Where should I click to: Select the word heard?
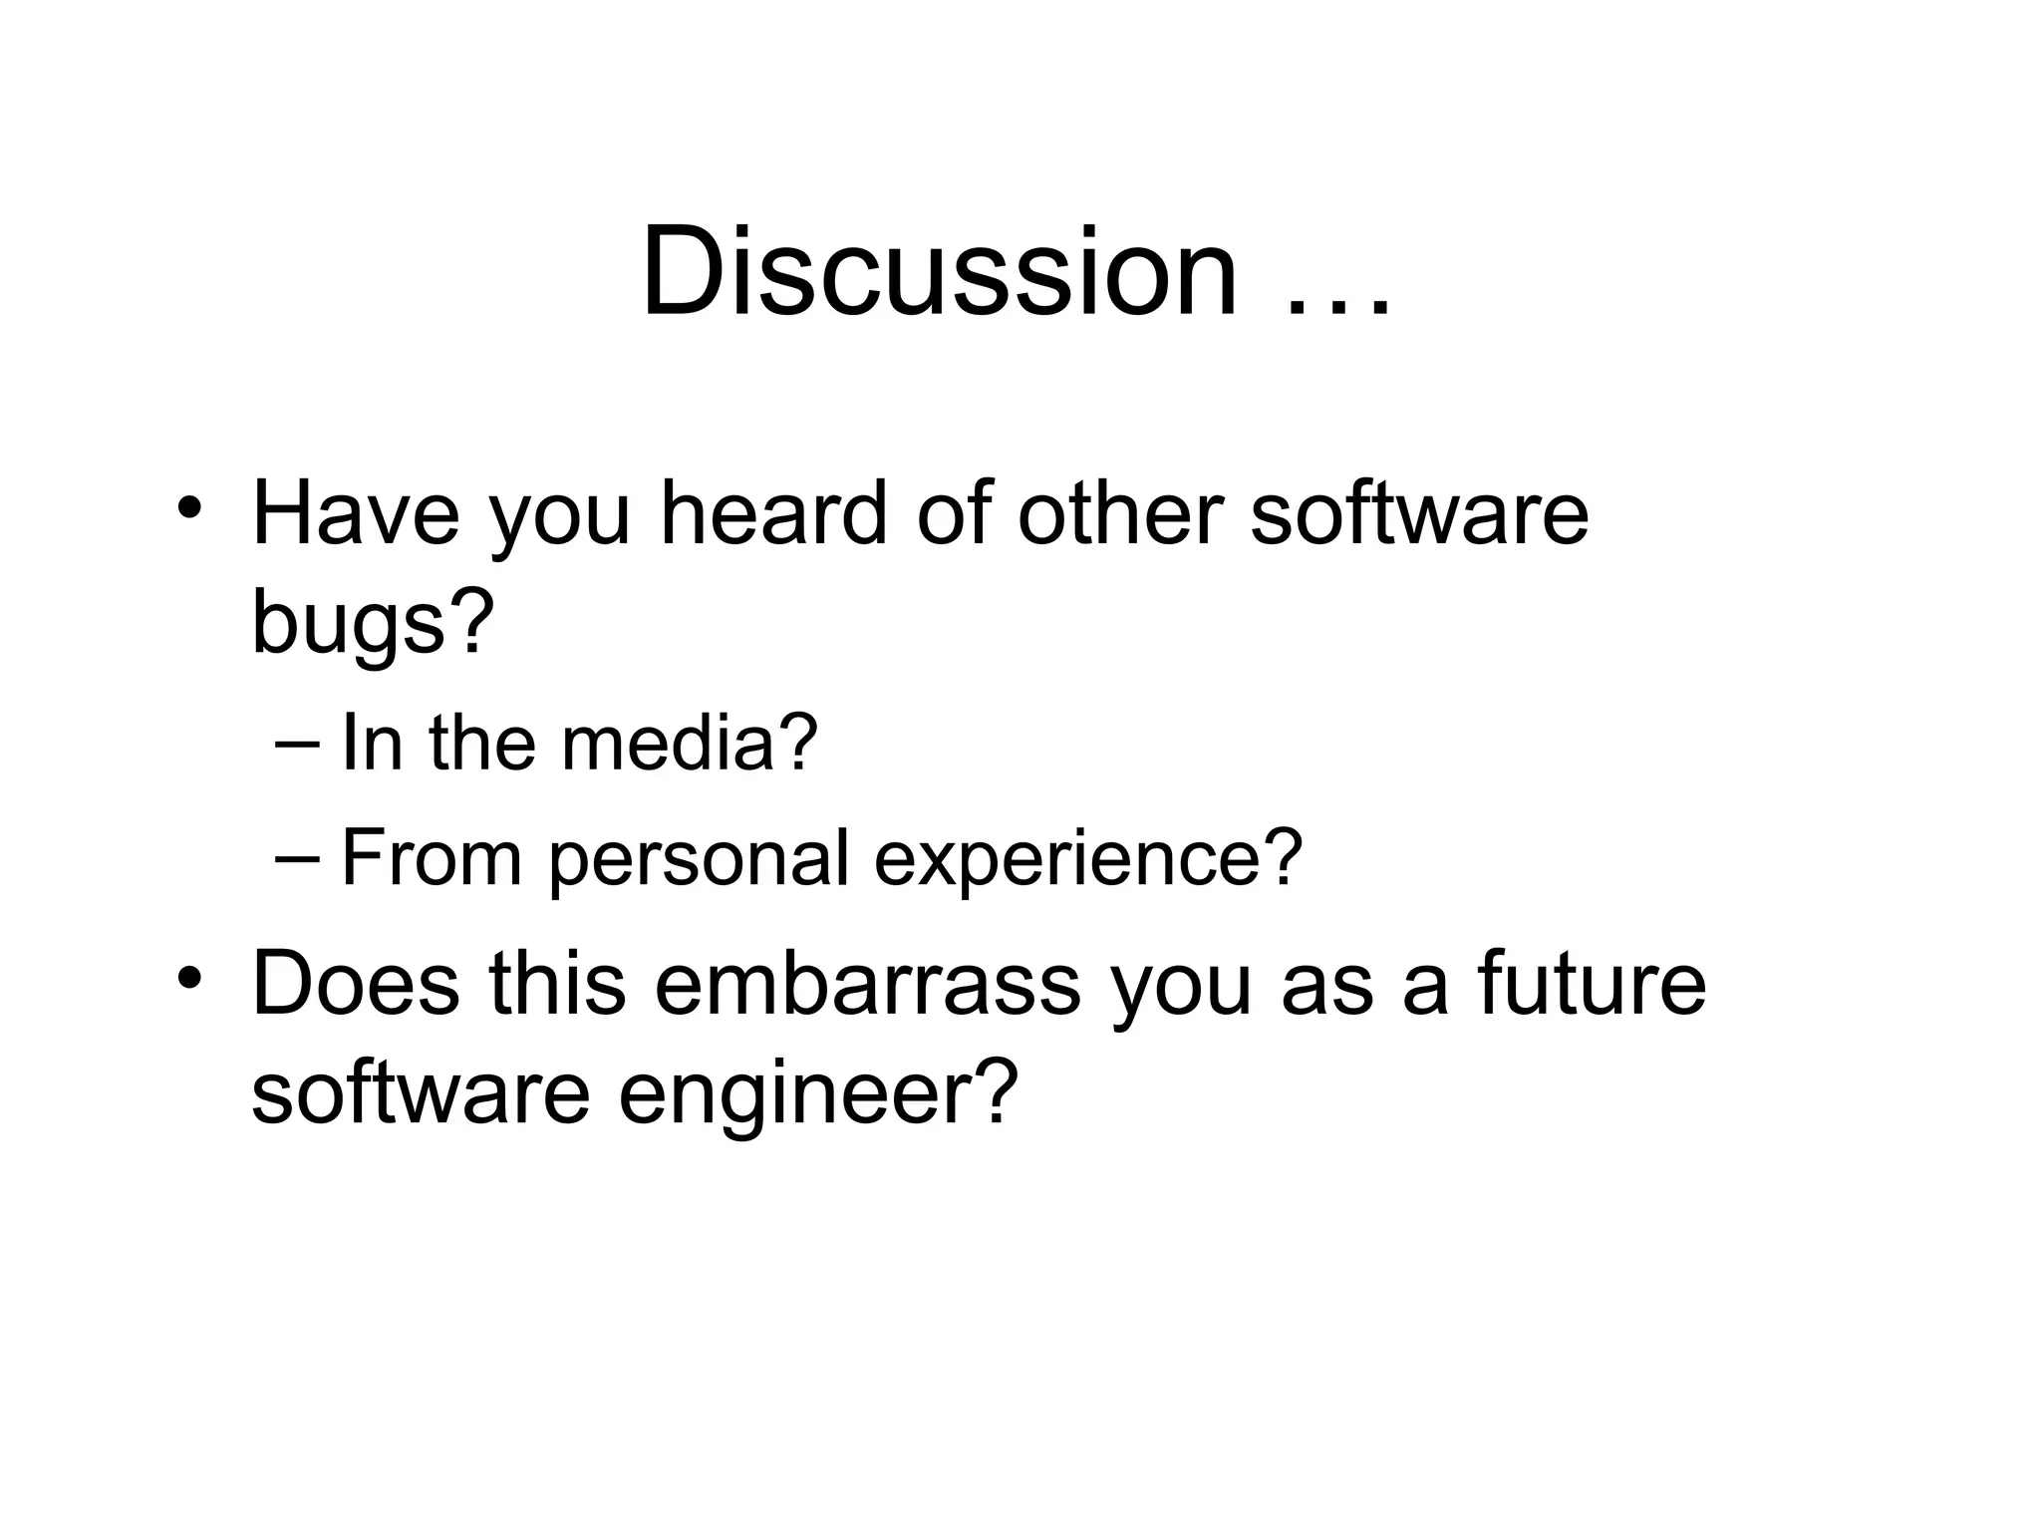[x=772, y=514]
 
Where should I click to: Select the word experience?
[x=1088, y=859]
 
